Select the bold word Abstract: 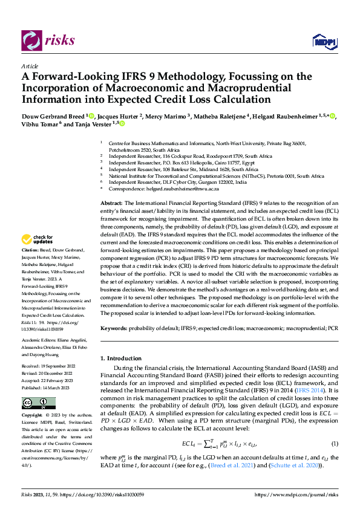112,203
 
